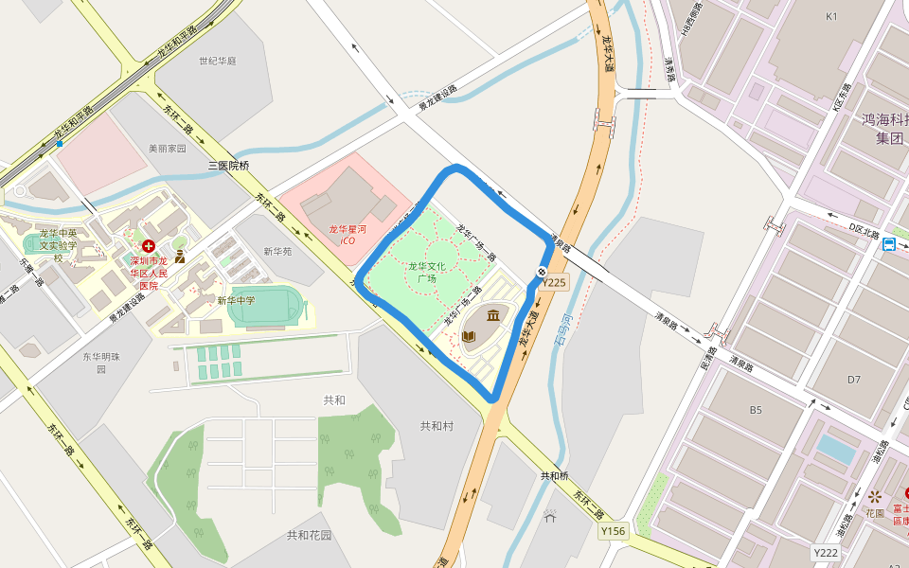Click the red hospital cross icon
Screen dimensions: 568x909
[x=149, y=245]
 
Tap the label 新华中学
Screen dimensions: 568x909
[x=236, y=300]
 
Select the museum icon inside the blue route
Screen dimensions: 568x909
[x=494, y=315]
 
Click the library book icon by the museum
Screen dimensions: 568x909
[x=469, y=336]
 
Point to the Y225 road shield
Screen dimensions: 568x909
[x=554, y=282]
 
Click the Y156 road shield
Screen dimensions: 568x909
[x=614, y=532]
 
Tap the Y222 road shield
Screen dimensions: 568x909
[x=826, y=553]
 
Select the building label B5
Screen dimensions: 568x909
[x=756, y=410]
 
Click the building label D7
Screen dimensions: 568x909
[x=854, y=380]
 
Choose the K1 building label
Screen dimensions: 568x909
[x=832, y=16]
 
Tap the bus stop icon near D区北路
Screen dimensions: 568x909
[x=889, y=245]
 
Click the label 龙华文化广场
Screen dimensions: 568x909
[x=428, y=273]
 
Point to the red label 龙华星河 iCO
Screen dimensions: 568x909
[x=348, y=235]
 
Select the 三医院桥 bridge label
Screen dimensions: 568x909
[x=228, y=166]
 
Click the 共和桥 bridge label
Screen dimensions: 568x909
[x=554, y=475]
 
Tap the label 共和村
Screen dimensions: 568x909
[x=437, y=426]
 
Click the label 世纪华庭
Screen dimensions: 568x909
[x=217, y=61]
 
